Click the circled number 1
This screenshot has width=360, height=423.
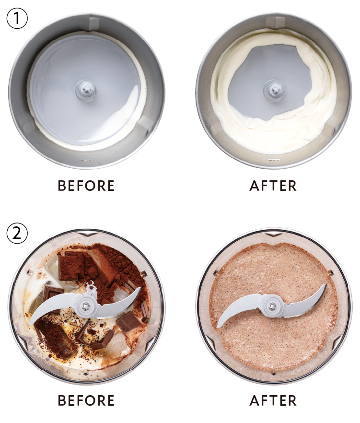point(17,18)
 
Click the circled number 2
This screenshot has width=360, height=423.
point(17,233)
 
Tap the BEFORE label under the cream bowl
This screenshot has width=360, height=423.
point(86,186)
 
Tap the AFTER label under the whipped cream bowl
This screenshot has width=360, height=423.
point(273,186)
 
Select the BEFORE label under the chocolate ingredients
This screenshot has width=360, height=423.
point(86,400)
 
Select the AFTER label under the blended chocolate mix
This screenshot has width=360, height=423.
point(273,400)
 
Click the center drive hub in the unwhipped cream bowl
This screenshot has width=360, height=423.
point(86,89)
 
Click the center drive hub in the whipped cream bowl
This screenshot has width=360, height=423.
point(274,89)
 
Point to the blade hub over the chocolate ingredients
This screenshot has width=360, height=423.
point(85,305)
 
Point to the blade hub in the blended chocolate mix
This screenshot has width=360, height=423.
point(273,305)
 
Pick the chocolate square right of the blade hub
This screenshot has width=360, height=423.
point(128,321)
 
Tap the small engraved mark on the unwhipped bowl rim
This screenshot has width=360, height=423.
point(86,160)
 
